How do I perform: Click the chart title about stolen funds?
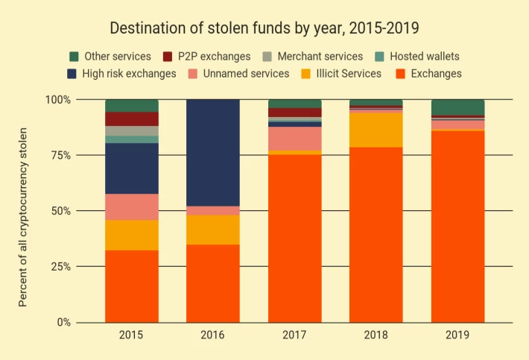tap(264, 28)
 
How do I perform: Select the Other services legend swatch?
tap(74, 57)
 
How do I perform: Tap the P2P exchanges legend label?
tap(215, 57)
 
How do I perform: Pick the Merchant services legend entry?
tap(313, 57)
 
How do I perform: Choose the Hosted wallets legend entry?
tap(417, 57)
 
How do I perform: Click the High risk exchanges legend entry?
tap(121, 74)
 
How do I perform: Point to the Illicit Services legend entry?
tap(341, 74)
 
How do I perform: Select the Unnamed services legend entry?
tap(239, 74)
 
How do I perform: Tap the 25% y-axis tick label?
tap(61, 267)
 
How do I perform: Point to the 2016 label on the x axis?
tap(212, 335)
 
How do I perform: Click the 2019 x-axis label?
tap(457, 335)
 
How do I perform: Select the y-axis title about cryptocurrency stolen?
tap(22, 217)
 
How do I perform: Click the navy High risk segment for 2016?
tap(213, 153)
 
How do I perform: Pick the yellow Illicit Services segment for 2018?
tap(376, 130)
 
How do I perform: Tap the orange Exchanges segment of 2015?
tap(132, 286)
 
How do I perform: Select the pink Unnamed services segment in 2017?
tap(295, 139)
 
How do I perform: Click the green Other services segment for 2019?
tap(457, 107)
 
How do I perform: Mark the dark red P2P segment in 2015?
tap(132, 119)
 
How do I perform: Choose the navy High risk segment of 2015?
tap(132, 168)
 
